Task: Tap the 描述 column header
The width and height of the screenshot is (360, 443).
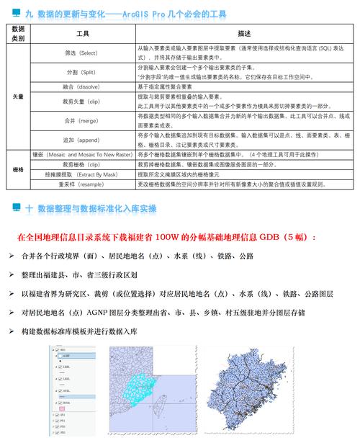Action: click(x=244, y=34)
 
